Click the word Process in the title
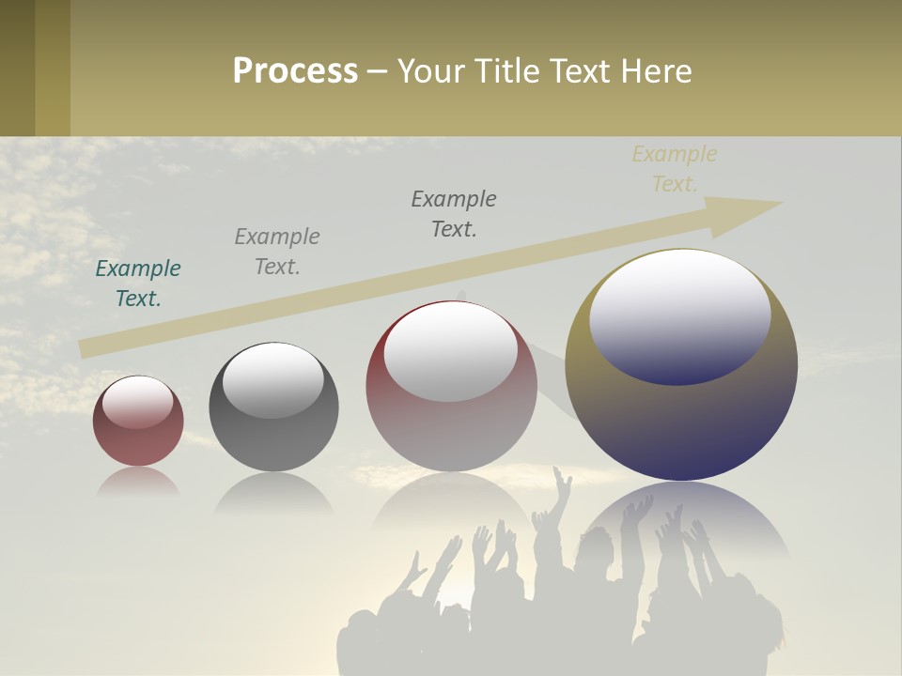pyautogui.click(x=295, y=71)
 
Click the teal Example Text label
pyautogui.click(x=138, y=284)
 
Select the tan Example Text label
pyautogui.click(x=675, y=169)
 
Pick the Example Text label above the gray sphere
pyautogui.click(x=277, y=252)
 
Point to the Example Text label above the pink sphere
pyautogui.click(x=454, y=214)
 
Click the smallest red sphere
pyautogui.click(x=138, y=441)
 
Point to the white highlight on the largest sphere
pyautogui.click(x=680, y=315)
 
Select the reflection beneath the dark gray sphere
pyautogui.click(x=273, y=492)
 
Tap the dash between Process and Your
pyautogui.click(x=378, y=71)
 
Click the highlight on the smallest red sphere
pyautogui.click(x=137, y=402)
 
